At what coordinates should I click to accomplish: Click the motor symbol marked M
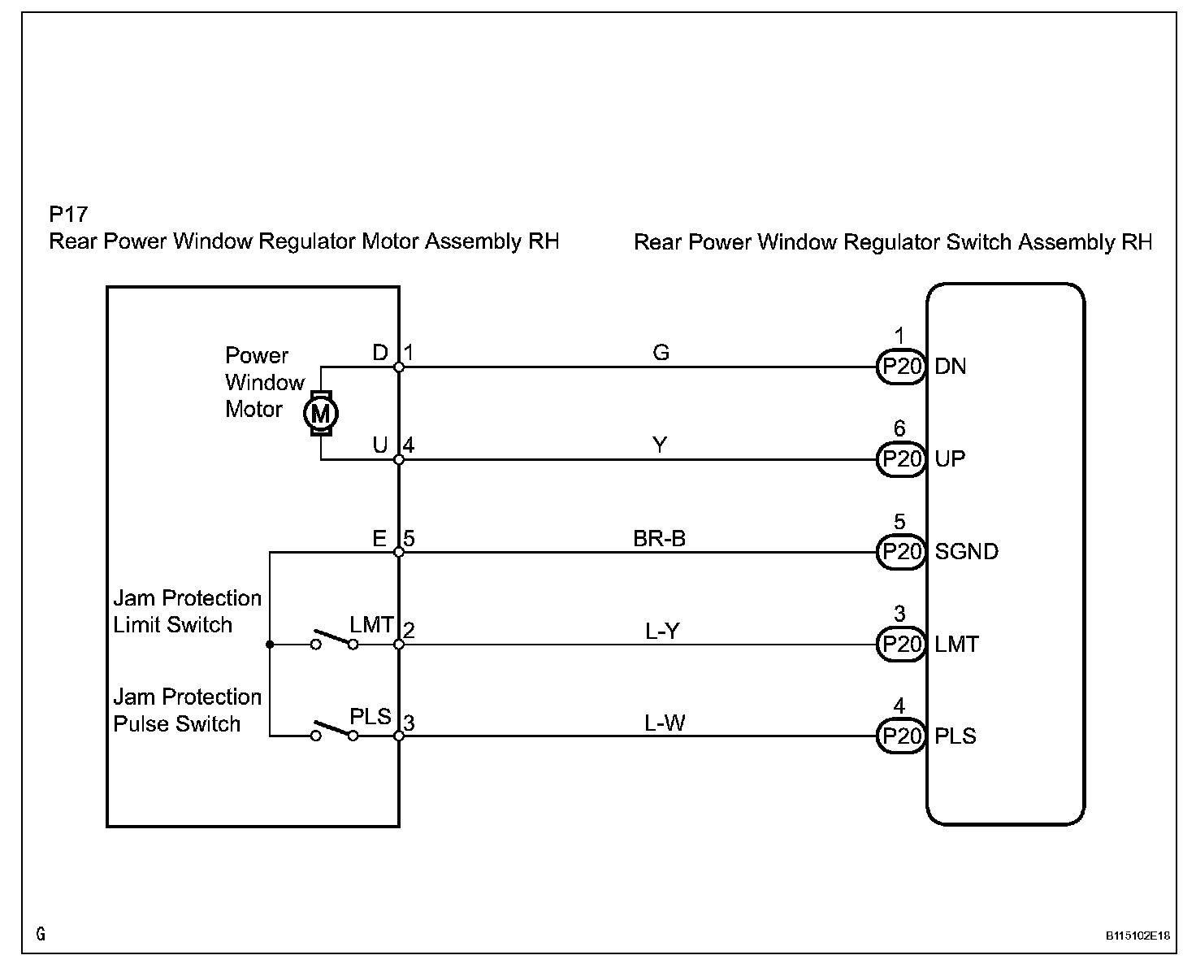point(320,413)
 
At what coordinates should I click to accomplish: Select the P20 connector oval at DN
point(901,367)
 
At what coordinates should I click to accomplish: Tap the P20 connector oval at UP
point(901,459)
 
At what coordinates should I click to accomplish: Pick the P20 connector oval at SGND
point(901,551)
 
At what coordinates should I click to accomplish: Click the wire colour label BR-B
point(659,538)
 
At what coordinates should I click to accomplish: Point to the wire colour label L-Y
point(662,631)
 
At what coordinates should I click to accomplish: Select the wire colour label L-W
point(665,723)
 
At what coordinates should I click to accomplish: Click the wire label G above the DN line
point(661,352)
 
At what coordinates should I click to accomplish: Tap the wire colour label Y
point(660,445)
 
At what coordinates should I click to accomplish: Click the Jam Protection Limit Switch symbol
point(335,640)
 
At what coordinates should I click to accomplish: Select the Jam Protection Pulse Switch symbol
point(335,732)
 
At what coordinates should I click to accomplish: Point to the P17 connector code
point(68,214)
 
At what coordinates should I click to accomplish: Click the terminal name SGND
point(966,551)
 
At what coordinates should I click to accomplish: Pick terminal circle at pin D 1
point(399,367)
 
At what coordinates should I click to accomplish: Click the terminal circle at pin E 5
point(399,552)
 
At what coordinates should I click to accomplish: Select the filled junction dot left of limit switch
point(270,645)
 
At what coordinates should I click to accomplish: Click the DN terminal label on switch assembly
point(951,367)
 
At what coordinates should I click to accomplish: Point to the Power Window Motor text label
point(265,382)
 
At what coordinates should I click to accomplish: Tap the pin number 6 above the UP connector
point(899,428)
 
